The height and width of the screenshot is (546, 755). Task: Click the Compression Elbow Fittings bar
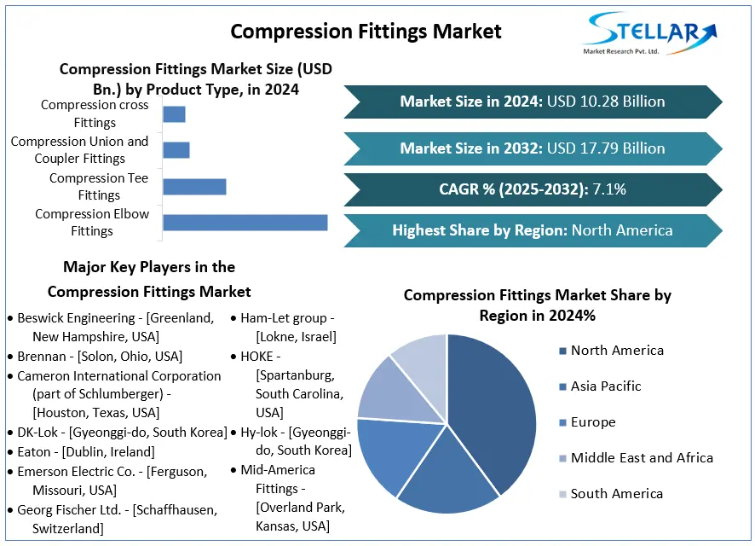[245, 223]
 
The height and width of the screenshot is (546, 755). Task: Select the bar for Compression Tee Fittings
[194, 187]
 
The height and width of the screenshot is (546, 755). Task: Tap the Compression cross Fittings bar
[174, 114]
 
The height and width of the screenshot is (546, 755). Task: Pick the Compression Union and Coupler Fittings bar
[176, 150]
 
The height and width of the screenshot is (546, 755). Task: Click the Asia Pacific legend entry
[605, 386]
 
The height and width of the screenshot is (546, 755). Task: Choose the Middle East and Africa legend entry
[641, 458]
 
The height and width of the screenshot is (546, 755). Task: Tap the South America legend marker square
[562, 494]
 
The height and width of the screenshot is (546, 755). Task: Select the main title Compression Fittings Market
[366, 32]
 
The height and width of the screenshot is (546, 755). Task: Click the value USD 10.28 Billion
[606, 102]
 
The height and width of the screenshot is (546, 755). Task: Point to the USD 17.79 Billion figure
[606, 148]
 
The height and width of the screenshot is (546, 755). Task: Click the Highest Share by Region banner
[532, 230]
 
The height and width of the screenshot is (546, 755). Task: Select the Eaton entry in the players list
[85, 452]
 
